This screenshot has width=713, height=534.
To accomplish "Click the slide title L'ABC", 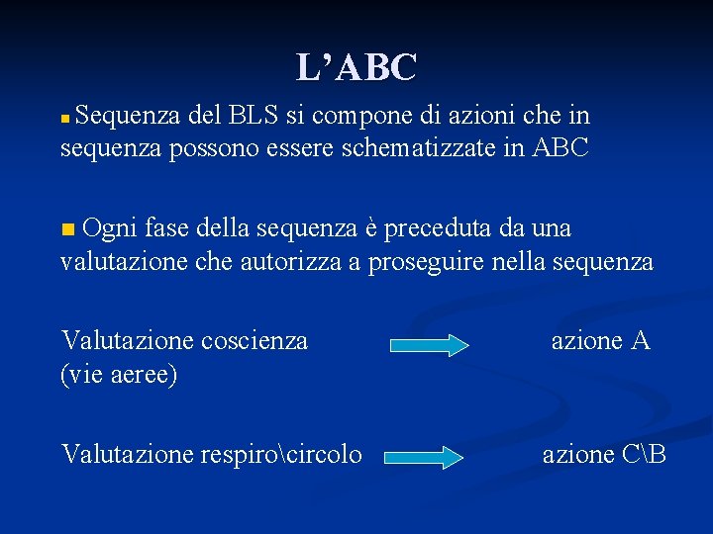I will click(356, 67).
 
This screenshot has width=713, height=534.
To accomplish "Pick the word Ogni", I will click(110, 228).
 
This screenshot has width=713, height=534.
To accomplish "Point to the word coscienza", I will click(255, 341).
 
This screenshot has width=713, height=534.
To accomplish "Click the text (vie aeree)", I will click(119, 375).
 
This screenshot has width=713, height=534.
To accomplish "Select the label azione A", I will click(600, 341).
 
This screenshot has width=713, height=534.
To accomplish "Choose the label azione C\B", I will click(604, 454).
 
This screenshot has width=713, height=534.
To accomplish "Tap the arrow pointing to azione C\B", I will click(424, 458).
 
